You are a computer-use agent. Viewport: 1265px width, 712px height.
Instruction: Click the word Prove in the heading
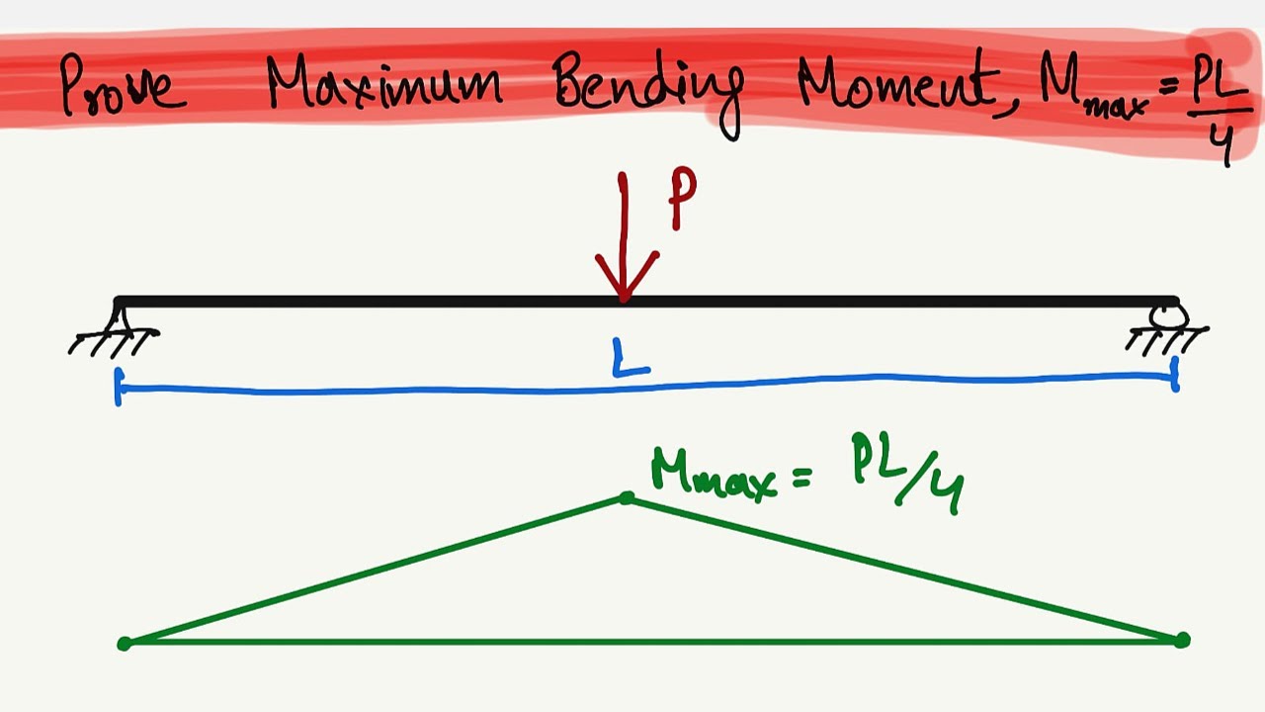tap(124, 85)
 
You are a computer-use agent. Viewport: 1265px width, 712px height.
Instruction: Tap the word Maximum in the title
tap(384, 81)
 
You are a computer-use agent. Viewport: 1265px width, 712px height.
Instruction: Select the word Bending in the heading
tap(648, 93)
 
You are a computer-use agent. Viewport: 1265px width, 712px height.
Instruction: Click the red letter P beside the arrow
tap(682, 198)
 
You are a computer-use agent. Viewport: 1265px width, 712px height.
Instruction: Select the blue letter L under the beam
tap(631, 357)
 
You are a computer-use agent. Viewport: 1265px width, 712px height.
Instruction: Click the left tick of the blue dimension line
tap(118, 387)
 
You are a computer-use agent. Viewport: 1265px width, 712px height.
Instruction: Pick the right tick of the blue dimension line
tap(1175, 374)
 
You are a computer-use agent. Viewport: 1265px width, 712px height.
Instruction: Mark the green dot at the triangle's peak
tap(627, 497)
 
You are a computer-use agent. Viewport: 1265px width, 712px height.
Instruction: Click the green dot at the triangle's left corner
tap(125, 643)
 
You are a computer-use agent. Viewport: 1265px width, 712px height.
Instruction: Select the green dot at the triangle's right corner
tap(1182, 640)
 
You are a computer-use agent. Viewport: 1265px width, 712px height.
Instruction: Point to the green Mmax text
tap(714, 476)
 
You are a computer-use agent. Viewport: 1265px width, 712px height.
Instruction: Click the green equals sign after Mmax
tap(801, 478)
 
